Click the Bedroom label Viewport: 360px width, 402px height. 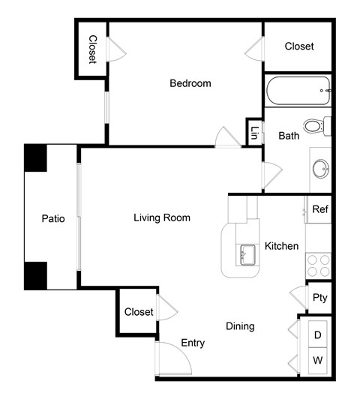click(190, 83)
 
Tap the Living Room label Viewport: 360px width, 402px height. click(162, 218)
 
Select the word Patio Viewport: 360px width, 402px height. click(52, 219)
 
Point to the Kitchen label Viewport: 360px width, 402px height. click(282, 246)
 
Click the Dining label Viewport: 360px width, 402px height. click(240, 326)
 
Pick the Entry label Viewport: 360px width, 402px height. click(193, 343)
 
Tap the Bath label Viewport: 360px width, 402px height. click(289, 136)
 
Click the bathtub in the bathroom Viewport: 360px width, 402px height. click(298, 91)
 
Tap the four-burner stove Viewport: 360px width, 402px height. click(318, 265)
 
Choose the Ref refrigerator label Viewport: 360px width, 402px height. click(320, 209)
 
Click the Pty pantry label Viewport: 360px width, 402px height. click(320, 297)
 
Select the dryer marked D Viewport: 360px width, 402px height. click(318, 335)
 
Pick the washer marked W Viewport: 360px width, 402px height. click(318, 361)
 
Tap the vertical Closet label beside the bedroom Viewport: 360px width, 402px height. click(93, 49)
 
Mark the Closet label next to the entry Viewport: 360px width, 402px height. click(139, 311)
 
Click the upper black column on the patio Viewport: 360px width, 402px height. click(35, 157)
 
